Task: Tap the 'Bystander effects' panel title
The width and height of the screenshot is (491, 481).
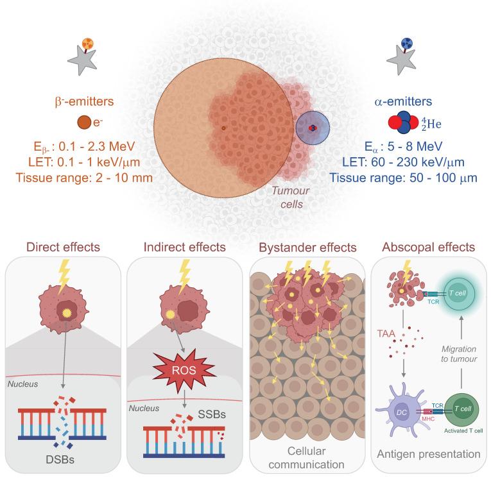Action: [307, 246]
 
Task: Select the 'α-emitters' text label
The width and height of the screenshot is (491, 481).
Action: [405, 101]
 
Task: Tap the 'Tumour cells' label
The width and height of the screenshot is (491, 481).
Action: [284, 198]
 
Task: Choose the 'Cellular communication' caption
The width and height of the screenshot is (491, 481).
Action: [307, 457]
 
